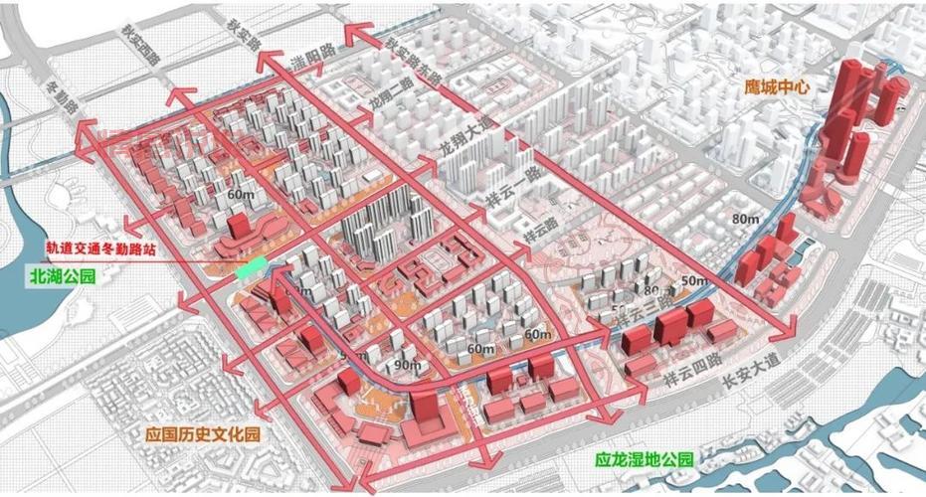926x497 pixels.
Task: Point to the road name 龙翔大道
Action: [463, 149]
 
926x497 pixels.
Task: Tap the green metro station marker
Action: [251, 267]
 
